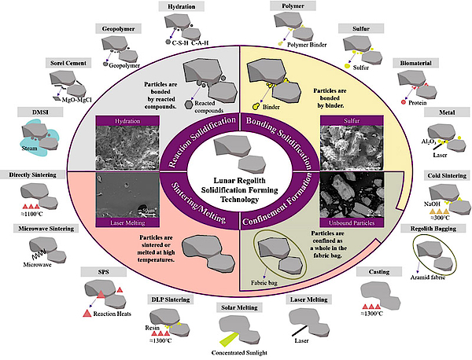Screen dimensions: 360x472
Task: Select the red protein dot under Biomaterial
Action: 404,101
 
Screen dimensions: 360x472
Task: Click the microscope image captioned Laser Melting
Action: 121,198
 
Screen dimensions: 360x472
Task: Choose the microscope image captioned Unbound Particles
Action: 352,198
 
